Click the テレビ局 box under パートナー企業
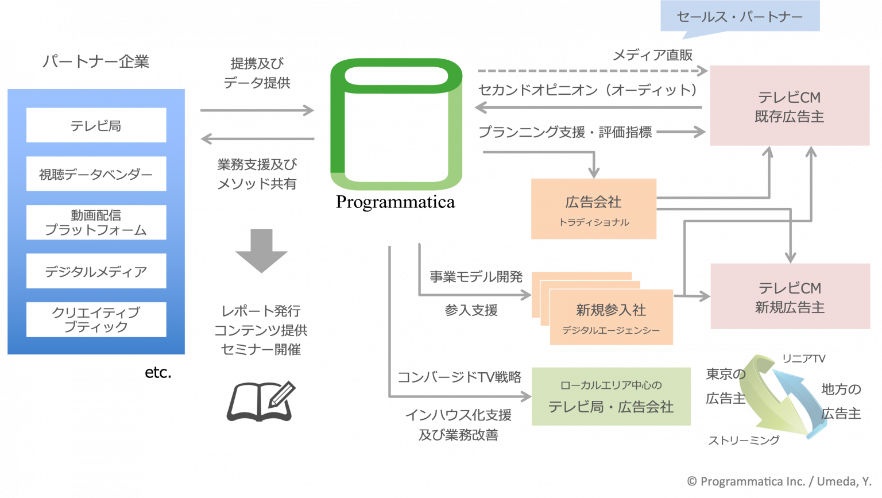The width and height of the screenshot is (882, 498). (x=96, y=125)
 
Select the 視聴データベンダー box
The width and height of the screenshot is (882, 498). (x=96, y=174)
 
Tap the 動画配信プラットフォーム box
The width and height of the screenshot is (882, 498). (x=96, y=222)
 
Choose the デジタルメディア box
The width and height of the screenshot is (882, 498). (x=96, y=271)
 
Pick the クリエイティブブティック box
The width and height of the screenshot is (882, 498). (x=96, y=319)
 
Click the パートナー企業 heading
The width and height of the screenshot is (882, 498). (x=96, y=62)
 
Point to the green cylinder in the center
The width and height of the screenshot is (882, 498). (x=396, y=124)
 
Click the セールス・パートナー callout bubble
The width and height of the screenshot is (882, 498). (x=740, y=17)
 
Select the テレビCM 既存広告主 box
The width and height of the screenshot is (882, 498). (x=789, y=106)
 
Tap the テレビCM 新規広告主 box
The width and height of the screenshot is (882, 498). (x=790, y=296)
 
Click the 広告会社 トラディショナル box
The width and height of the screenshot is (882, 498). (x=593, y=209)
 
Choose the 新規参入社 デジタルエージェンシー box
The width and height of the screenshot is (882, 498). (x=611, y=317)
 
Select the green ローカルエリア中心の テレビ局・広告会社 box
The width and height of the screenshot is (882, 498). (x=610, y=396)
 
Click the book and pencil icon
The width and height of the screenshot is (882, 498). (x=261, y=400)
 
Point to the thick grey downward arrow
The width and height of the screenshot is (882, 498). (x=261, y=250)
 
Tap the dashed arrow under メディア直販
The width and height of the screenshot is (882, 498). (x=591, y=71)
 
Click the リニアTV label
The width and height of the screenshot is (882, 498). (x=803, y=359)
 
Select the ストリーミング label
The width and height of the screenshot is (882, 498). (x=744, y=441)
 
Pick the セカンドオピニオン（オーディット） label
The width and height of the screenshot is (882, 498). (x=588, y=90)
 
